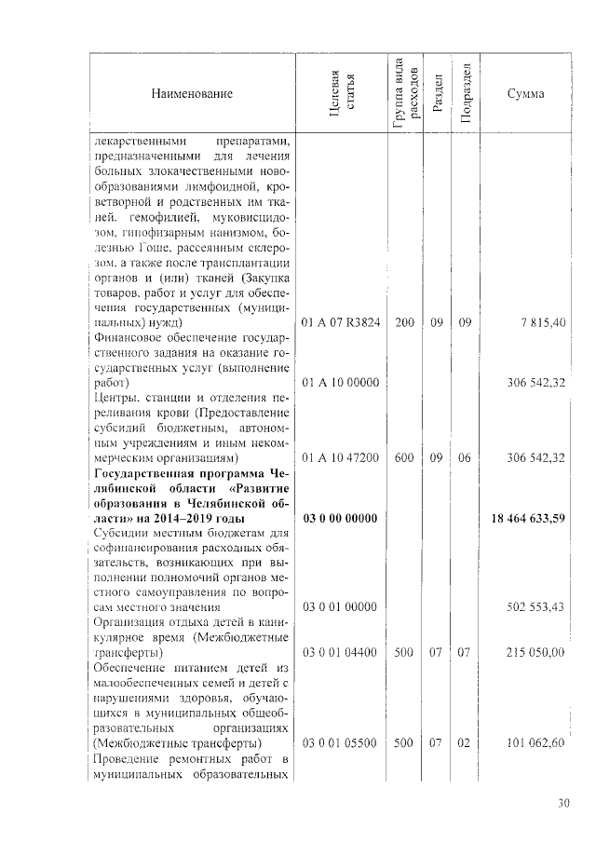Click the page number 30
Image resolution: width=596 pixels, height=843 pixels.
[563, 803]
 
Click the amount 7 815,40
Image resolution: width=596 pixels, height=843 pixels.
[541, 322]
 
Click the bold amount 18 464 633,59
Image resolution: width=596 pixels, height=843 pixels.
[528, 519]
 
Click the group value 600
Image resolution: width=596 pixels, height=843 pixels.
[404, 458]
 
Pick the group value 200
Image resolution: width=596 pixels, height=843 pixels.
[404, 322]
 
